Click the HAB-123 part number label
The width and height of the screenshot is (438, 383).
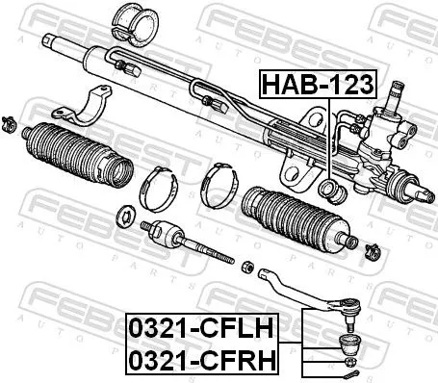(319, 85)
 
